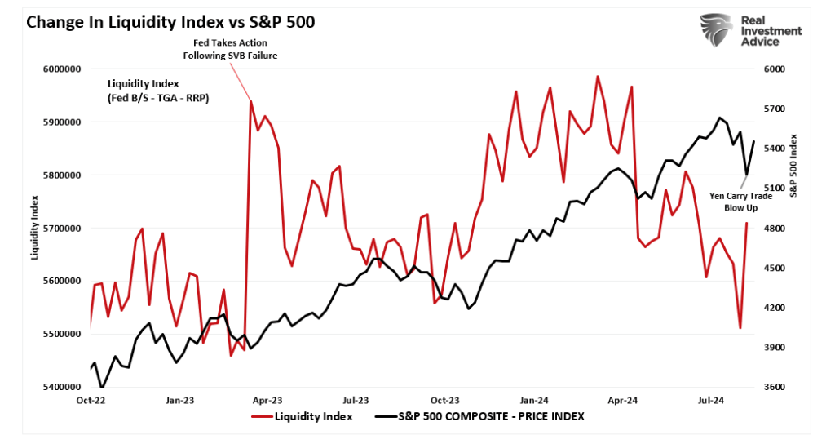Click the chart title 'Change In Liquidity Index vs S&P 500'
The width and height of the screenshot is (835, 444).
170,22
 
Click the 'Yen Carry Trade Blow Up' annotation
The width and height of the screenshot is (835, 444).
741,202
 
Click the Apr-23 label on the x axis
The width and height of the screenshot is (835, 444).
267,401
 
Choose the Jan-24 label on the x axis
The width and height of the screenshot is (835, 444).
534,401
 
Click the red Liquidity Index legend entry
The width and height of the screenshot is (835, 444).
302,416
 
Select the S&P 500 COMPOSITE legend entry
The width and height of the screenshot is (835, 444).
480,416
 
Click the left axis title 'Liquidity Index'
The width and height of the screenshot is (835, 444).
35,228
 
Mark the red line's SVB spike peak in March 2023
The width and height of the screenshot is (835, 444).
250,101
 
